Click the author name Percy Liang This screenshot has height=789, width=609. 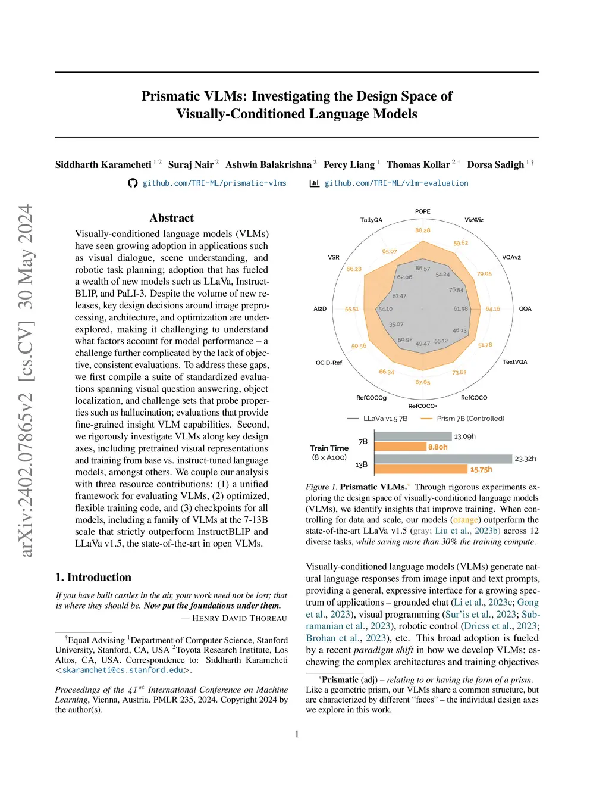(x=349, y=164)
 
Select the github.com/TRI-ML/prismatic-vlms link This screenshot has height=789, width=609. (x=214, y=183)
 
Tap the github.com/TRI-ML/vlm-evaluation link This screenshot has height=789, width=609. (x=396, y=183)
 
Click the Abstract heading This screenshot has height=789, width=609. (x=172, y=218)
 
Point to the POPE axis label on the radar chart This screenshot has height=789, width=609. (x=422, y=211)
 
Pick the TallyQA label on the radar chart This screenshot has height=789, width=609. (x=371, y=220)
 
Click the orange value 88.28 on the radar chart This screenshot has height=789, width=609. (x=422, y=230)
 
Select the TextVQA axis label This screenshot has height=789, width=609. (x=514, y=362)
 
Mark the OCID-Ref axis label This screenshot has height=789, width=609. (x=329, y=363)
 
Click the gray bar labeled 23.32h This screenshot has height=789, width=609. (x=443, y=459)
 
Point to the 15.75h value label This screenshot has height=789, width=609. (x=481, y=469)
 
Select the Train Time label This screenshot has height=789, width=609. (x=329, y=448)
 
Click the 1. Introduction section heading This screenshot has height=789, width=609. (x=93, y=577)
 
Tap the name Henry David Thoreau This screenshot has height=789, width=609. (x=239, y=618)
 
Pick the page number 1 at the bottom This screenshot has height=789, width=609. (x=297, y=734)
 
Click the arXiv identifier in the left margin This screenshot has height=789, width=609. (x=26, y=381)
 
